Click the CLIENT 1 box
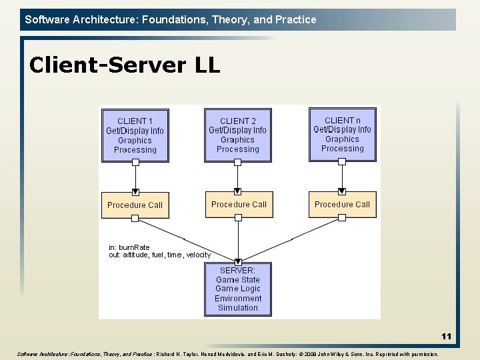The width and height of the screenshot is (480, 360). (x=135, y=135)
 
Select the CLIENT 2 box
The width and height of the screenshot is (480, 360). (x=237, y=135)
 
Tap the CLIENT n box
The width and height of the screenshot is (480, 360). (x=342, y=134)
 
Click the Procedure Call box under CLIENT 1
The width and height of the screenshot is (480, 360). (x=135, y=205)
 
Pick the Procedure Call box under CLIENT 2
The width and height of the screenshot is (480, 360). (x=239, y=204)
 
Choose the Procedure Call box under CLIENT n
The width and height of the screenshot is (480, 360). (x=342, y=204)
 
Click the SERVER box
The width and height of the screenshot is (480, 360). (x=237, y=289)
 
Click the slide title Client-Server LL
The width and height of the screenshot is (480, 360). (x=125, y=65)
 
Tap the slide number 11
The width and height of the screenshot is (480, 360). (x=446, y=337)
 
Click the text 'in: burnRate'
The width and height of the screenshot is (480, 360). (x=129, y=247)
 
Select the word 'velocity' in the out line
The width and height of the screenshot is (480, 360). (x=199, y=255)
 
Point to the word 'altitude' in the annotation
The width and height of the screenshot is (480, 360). (x=137, y=255)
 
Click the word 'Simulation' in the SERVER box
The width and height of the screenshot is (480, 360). (x=237, y=307)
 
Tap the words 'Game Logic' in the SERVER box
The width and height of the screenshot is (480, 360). (x=237, y=289)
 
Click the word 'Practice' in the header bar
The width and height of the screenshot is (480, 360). (x=296, y=19)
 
